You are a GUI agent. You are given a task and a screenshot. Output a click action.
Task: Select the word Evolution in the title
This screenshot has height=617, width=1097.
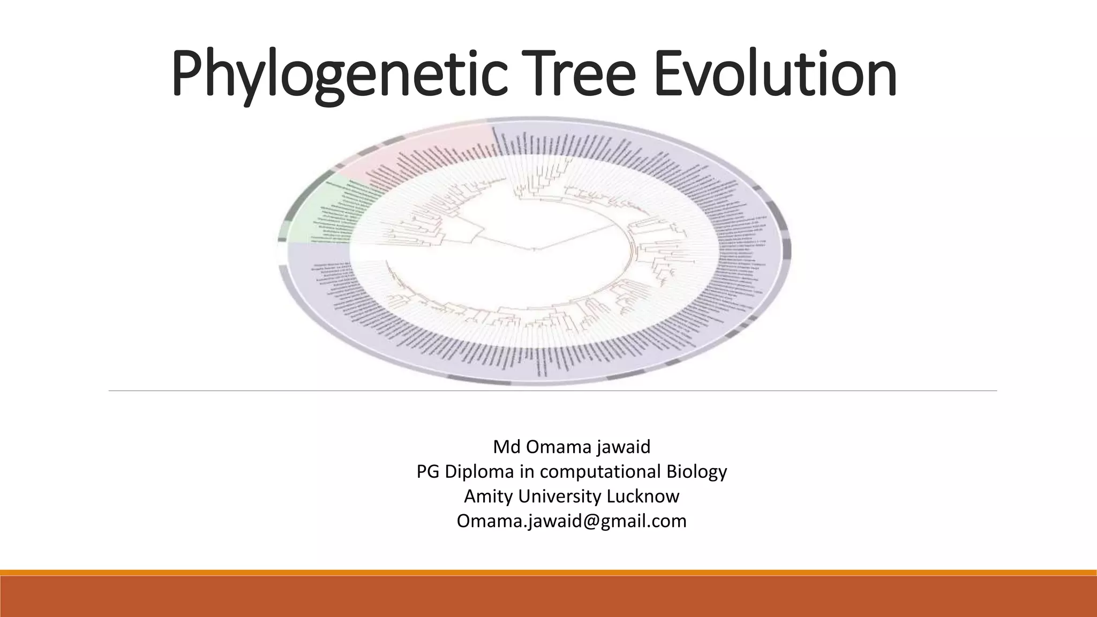point(775,75)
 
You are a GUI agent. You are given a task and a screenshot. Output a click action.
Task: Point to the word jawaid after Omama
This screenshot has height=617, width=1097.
point(626,447)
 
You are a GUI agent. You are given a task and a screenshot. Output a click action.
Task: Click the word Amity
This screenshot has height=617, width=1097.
point(489,496)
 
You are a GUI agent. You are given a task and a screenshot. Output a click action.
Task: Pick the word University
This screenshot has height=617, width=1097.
point(560,496)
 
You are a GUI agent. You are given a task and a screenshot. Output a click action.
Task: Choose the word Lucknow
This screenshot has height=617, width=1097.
point(643,496)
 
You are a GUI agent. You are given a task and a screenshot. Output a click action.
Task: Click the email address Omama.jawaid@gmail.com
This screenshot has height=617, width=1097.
point(572,521)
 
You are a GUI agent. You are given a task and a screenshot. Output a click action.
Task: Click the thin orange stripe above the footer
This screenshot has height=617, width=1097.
point(548,573)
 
